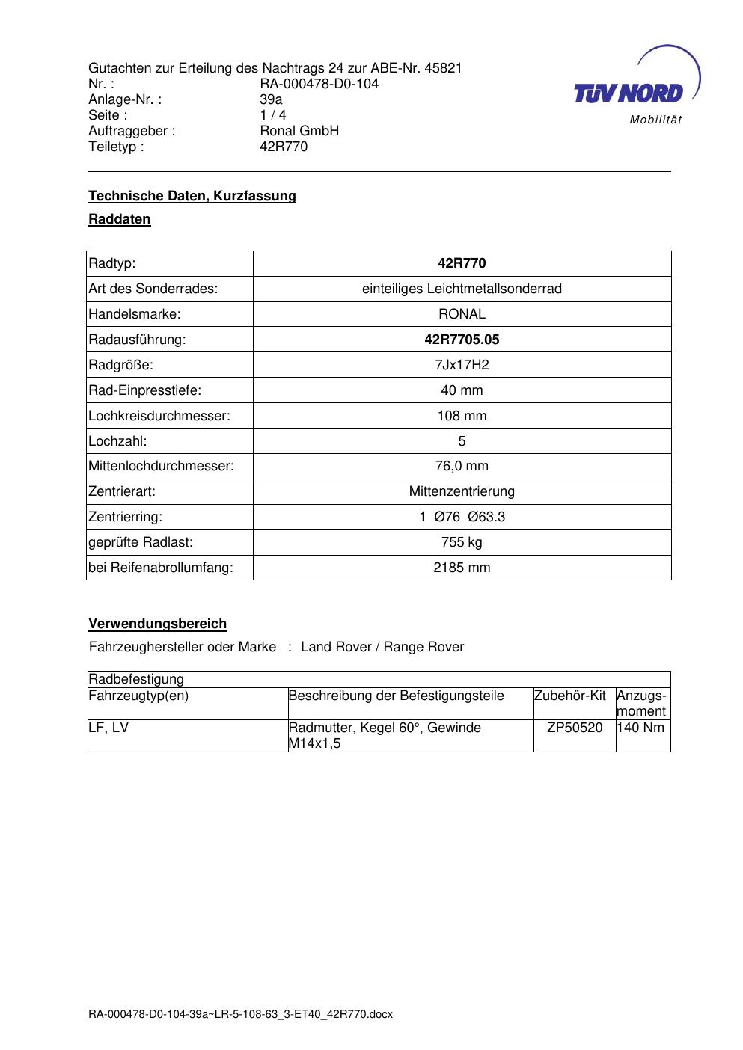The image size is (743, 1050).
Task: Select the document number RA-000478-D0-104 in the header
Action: click(319, 84)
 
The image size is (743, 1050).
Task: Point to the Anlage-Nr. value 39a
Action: click(271, 99)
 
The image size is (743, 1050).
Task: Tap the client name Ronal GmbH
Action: click(299, 131)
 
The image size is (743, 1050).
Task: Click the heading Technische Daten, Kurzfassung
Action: click(192, 196)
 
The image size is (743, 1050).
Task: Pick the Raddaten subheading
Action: click(120, 219)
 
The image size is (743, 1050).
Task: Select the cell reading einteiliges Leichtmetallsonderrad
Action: click(462, 289)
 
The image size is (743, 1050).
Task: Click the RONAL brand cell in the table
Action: click(462, 314)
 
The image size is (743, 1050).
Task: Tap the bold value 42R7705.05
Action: click(462, 340)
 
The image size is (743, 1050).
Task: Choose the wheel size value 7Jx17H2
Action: click(462, 365)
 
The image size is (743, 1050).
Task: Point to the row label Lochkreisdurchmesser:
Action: click(159, 416)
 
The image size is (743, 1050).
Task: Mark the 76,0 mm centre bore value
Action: click(462, 466)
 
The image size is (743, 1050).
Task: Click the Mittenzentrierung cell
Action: click(462, 491)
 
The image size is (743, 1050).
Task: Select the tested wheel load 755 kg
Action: click(462, 542)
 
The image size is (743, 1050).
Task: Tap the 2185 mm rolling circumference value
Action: click(462, 568)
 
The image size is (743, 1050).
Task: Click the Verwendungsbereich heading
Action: click(157, 624)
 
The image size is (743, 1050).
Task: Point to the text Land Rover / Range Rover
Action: click(382, 647)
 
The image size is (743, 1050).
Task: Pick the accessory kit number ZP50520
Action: click(575, 728)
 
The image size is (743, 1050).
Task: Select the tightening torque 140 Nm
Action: click(640, 728)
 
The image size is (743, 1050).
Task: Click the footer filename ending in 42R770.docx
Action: click(240, 1014)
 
